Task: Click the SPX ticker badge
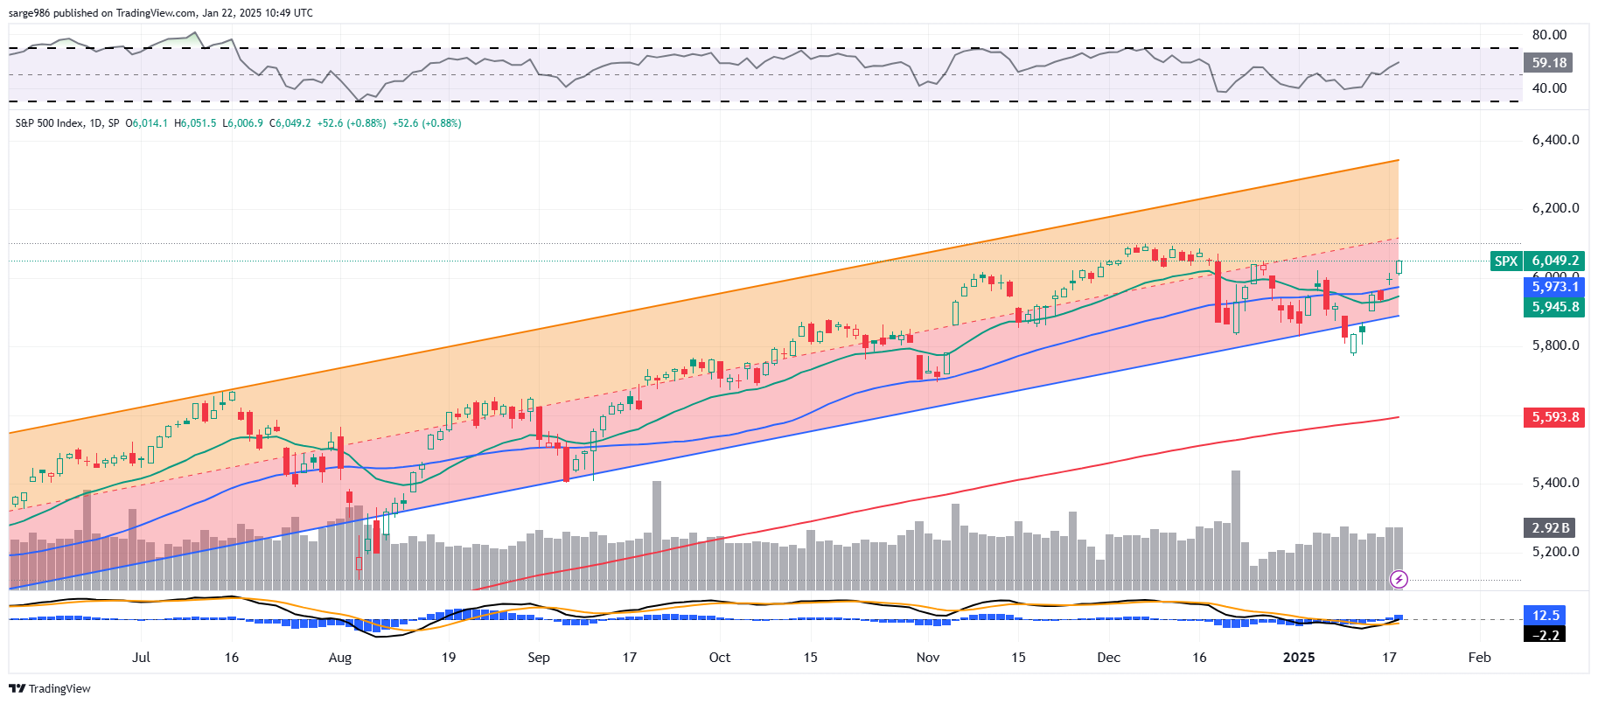click(1505, 261)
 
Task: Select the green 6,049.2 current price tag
click(1554, 261)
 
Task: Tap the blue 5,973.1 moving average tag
click(1554, 287)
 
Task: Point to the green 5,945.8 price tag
click(1554, 307)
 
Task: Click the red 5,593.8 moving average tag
click(1554, 417)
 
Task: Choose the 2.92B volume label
click(1550, 528)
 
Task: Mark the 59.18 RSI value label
click(1548, 63)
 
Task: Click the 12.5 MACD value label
click(1546, 616)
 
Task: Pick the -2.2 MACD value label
click(1546, 635)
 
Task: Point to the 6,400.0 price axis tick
click(1555, 140)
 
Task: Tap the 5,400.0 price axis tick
click(1555, 483)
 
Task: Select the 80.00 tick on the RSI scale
click(1549, 35)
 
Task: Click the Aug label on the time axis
click(339, 658)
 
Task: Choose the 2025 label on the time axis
click(1298, 658)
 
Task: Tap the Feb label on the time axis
click(1479, 658)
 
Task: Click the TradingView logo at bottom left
click(50, 689)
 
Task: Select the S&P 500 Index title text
click(49, 123)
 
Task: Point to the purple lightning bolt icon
click(1399, 579)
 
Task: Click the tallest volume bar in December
click(1236, 529)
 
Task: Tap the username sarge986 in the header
click(29, 13)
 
